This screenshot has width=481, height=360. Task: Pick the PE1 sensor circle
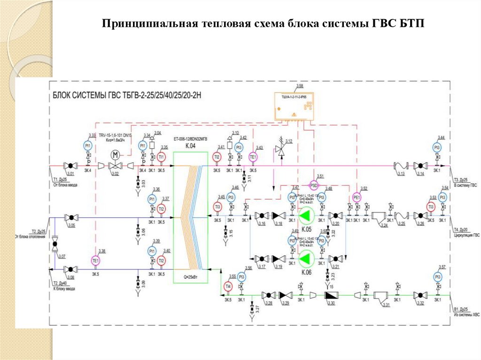tap(357, 198)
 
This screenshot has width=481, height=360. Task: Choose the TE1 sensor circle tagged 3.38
tap(96, 260)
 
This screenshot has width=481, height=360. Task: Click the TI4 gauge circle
tap(228, 286)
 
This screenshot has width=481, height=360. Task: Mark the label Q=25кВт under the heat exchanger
tap(190, 277)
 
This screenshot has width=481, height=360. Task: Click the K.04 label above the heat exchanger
tap(190, 146)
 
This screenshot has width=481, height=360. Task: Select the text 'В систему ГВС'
tap(465, 185)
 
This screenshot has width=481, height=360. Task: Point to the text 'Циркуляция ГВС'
tap(466, 234)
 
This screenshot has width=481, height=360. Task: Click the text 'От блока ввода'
tap(65, 185)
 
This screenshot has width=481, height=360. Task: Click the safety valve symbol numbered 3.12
tap(281, 149)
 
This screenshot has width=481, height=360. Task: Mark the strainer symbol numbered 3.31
tap(380, 297)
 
